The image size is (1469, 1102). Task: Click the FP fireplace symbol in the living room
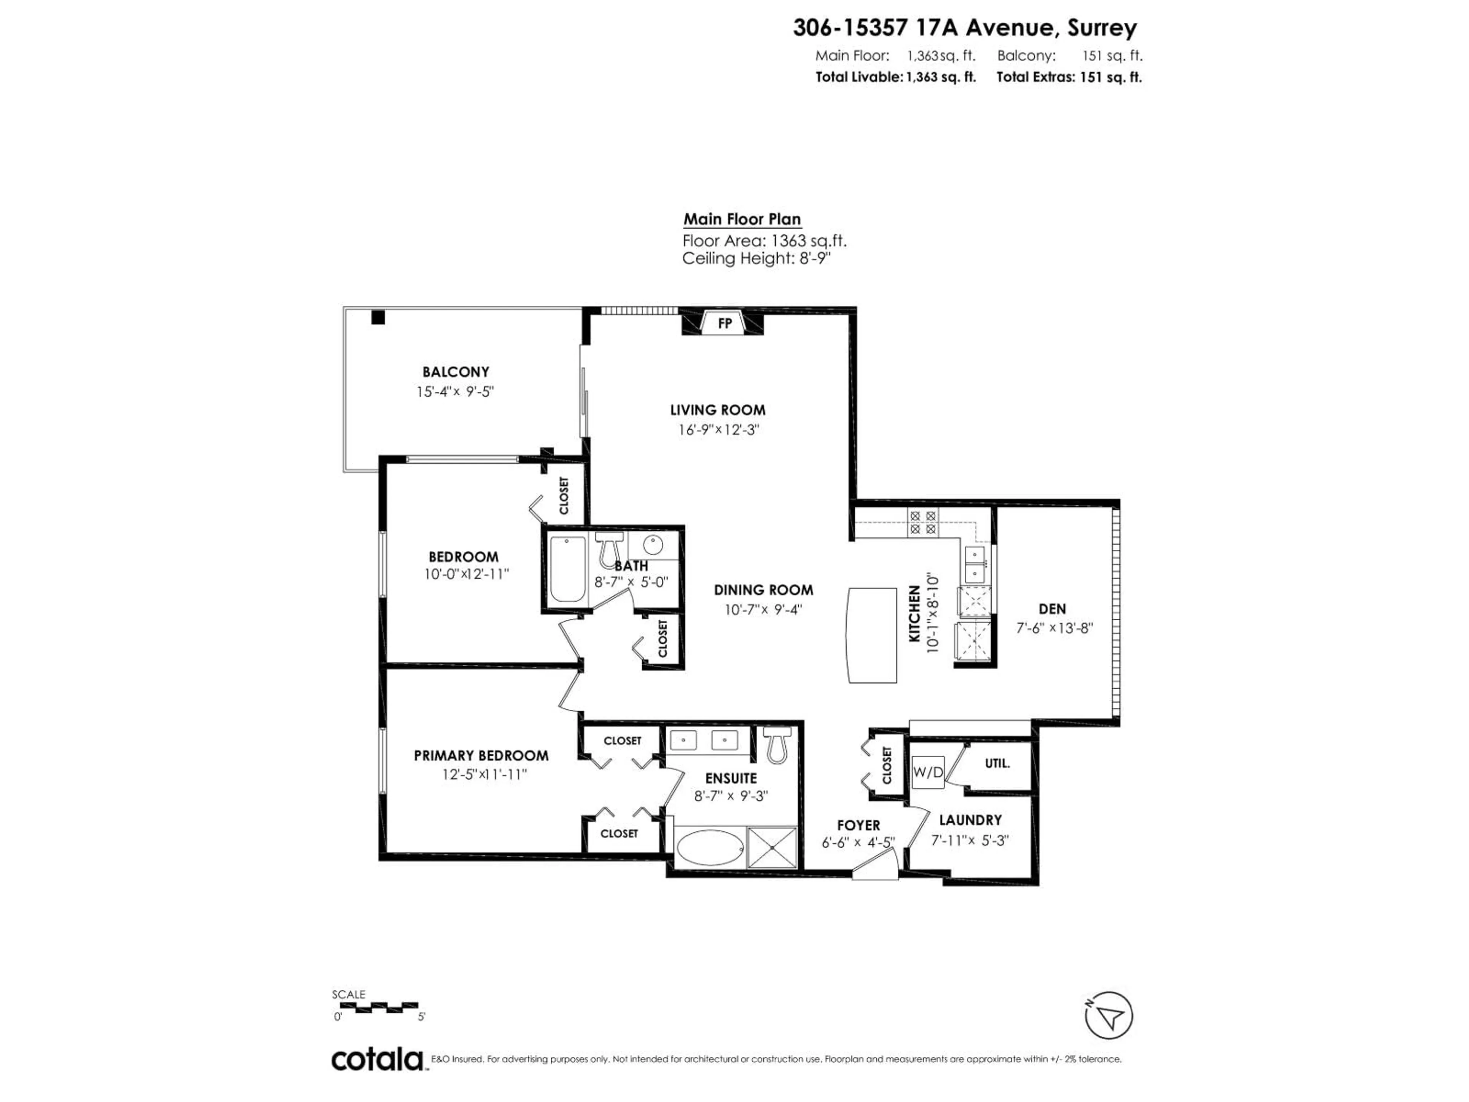(x=724, y=323)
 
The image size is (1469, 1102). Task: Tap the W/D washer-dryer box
(x=927, y=772)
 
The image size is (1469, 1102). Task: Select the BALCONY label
(x=456, y=372)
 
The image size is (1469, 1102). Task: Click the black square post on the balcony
(x=378, y=318)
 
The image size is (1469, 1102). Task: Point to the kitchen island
(x=872, y=634)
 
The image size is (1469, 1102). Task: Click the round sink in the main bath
(x=653, y=545)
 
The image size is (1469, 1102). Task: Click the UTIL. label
(x=997, y=764)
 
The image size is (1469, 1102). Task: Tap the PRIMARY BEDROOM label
(x=481, y=755)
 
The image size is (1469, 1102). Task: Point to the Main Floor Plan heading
(x=742, y=219)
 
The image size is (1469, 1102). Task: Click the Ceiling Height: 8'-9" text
(x=756, y=258)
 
